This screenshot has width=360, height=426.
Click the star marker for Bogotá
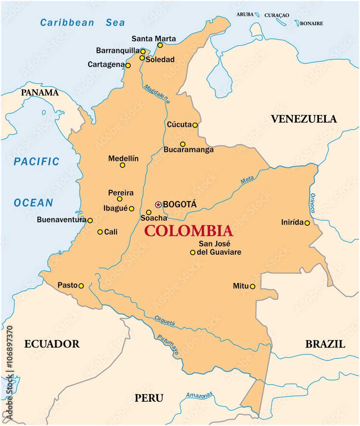tap(158, 205)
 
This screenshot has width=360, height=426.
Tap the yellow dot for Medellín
tap(123, 165)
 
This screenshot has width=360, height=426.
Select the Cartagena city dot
tap(128, 66)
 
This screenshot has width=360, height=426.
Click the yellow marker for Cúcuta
tap(195, 125)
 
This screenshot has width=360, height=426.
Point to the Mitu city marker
tap(252, 287)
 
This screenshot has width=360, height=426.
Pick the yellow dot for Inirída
tap(307, 223)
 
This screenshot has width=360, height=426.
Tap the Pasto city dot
tap(81, 286)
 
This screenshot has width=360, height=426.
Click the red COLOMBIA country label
tap(189, 231)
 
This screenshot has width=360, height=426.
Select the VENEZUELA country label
tap(304, 119)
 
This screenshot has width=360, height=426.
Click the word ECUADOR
tap(52, 344)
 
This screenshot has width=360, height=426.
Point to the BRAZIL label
tap(325, 344)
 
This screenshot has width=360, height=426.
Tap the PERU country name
tap(149, 398)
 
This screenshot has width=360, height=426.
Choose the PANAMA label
tap(40, 92)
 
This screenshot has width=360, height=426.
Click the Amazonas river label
tap(199, 395)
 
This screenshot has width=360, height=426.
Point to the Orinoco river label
tap(313, 203)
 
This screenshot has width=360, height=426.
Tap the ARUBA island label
tap(245, 14)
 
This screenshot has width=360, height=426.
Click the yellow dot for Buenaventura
tap(90, 221)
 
